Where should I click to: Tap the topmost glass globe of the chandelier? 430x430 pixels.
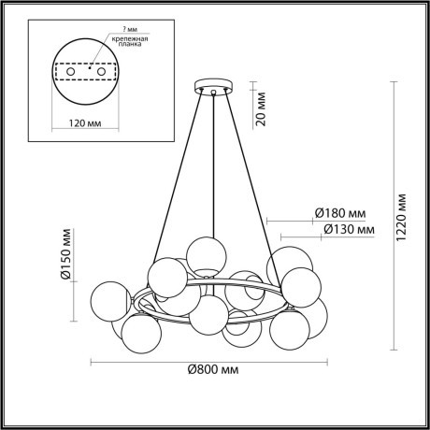[x=203, y=254]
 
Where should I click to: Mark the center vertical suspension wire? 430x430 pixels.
[x=214, y=168]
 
